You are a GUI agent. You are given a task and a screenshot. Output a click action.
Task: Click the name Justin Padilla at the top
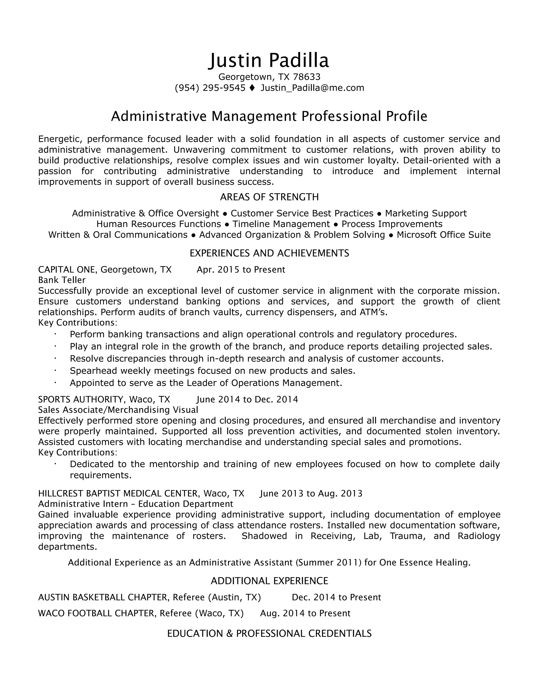[269, 61]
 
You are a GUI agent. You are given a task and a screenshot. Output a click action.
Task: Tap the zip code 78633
[307, 77]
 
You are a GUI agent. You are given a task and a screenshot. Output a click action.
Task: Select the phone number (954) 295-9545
[210, 88]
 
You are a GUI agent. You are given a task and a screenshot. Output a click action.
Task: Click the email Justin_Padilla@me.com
[312, 88]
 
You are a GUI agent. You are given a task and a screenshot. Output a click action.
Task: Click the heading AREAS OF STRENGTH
[269, 197]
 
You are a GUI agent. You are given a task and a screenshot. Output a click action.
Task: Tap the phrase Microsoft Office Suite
[443, 235]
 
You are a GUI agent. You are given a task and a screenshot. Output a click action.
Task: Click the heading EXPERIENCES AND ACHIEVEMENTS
[269, 253]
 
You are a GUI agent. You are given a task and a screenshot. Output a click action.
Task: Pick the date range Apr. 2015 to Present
[241, 270]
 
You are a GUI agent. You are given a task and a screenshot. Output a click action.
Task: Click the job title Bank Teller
[62, 280]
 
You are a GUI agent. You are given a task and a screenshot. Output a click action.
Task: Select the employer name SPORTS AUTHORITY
[81, 400]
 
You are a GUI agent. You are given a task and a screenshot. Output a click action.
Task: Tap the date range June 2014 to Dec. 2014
[247, 400]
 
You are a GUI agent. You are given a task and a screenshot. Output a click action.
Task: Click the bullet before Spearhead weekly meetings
[55, 370]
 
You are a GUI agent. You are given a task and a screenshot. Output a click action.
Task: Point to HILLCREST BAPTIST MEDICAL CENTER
[118, 494]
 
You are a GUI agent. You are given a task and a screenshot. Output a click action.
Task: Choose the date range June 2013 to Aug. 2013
[311, 494]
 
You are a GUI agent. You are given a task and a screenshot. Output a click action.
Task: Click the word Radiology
[479, 536]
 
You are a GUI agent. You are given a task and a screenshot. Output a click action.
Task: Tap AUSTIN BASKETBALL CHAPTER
[102, 597]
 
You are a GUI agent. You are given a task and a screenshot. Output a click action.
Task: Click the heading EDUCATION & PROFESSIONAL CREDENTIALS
[269, 633]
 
